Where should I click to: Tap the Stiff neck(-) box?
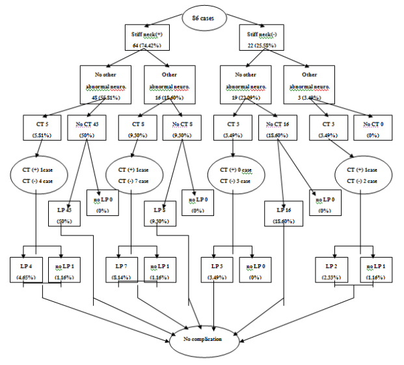pyautogui.click(x=260, y=38)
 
